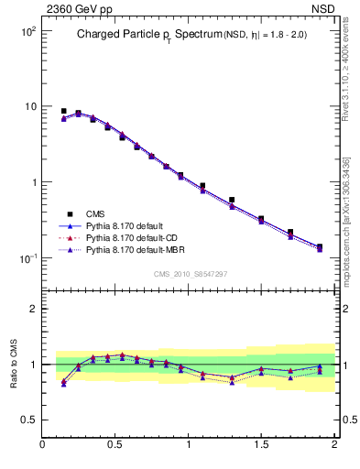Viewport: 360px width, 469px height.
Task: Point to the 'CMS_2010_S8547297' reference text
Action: tap(189, 274)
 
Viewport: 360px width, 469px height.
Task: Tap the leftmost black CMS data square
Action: tap(63, 111)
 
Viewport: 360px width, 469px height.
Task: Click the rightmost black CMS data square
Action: tap(320, 246)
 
